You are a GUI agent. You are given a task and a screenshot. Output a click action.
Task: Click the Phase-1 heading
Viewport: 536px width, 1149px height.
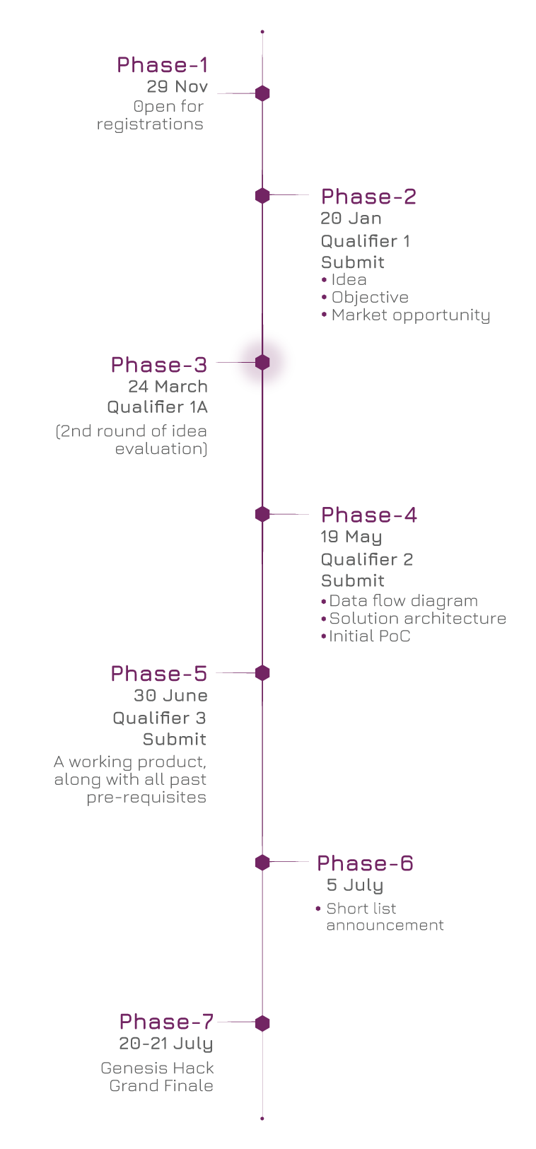coord(162,65)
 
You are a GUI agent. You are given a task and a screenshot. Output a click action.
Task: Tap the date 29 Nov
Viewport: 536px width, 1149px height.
coord(177,87)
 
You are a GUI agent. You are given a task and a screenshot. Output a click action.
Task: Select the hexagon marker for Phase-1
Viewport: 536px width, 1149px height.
coord(262,93)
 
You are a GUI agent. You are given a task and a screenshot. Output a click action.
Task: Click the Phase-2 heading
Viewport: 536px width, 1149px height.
coord(368,197)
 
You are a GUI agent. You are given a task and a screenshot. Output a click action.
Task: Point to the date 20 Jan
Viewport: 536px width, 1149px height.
coord(351,218)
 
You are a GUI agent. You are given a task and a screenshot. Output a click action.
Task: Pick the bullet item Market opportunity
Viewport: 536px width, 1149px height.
coord(410,315)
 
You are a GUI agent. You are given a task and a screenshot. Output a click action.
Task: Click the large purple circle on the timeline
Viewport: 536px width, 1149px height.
coord(262,361)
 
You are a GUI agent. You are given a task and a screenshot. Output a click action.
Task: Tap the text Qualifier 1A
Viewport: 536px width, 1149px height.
coord(157,407)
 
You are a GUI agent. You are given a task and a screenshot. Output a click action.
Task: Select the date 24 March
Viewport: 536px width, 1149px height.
coord(168,387)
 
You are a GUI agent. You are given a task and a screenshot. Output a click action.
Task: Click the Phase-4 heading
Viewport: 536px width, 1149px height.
coord(368,515)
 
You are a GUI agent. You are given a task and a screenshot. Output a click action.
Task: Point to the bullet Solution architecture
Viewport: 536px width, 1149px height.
coord(417,619)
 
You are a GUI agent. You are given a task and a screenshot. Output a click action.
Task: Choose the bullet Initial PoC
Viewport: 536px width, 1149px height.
coord(369,636)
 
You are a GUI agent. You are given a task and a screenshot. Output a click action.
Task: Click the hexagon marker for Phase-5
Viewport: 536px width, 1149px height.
coord(262,673)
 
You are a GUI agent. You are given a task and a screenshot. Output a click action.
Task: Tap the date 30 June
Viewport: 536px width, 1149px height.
coord(170,696)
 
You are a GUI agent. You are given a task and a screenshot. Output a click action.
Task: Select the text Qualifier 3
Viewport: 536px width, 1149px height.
coord(159,718)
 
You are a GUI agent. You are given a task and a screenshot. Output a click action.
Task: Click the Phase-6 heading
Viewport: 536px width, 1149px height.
coord(365,863)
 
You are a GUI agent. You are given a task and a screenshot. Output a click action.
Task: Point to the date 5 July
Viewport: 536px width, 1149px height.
coord(354,885)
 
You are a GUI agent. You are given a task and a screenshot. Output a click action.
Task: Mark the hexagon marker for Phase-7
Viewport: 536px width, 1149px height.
coord(262,1023)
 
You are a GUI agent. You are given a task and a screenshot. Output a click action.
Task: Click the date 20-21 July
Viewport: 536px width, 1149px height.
coord(165,1044)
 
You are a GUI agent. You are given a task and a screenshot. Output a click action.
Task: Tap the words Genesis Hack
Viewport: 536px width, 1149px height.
coord(157,1068)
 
